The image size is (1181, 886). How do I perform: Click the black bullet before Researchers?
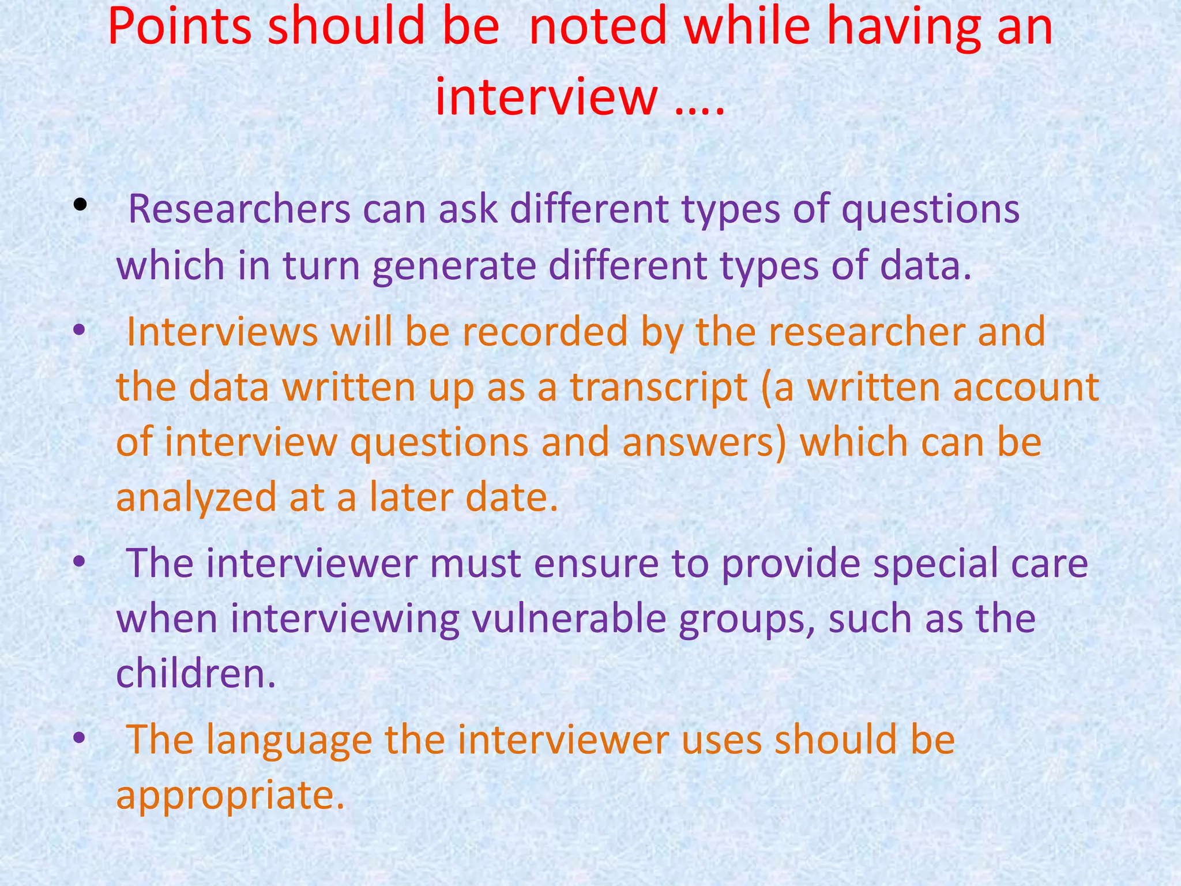(x=80, y=204)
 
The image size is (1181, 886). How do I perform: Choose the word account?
(x=1026, y=388)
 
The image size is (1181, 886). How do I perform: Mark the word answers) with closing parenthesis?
(x=704, y=443)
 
